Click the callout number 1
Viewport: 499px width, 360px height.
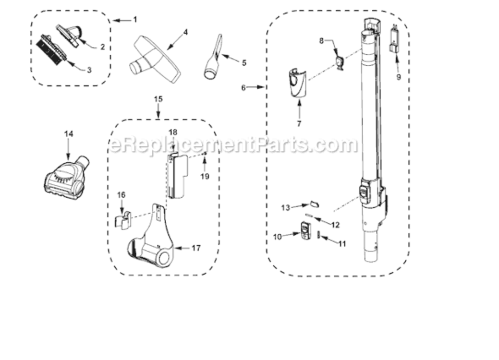(x=135, y=20)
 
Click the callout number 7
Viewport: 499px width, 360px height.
(x=299, y=124)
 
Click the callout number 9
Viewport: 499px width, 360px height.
(x=399, y=77)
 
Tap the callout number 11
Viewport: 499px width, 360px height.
(x=342, y=244)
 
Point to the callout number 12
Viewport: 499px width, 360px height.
(x=335, y=225)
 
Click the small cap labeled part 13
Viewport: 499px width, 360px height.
(x=314, y=204)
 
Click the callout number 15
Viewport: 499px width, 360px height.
(x=158, y=99)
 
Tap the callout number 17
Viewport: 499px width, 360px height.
(x=196, y=248)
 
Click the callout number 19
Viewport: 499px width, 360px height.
(x=205, y=176)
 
